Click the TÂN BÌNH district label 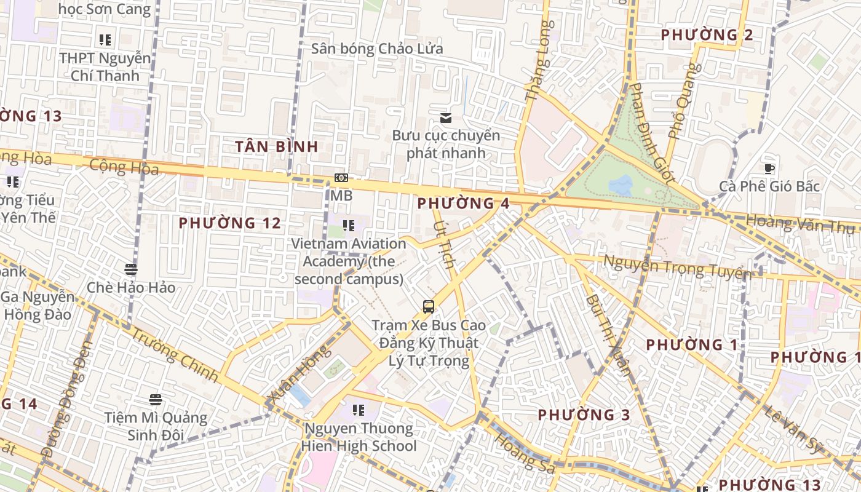tap(277, 146)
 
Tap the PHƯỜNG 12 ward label tap(229, 223)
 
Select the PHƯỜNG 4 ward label tap(463, 204)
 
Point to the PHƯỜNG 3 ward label tap(584, 415)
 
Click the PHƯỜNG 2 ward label tap(707, 35)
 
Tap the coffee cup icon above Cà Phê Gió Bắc tap(769, 169)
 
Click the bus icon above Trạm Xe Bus tap(429, 306)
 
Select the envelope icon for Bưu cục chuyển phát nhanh tap(446, 117)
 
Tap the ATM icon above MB tap(341, 178)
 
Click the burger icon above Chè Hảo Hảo tap(130, 269)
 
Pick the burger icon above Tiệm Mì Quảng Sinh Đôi tap(156, 400)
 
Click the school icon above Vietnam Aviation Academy tap(349, 226)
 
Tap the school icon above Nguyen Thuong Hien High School tap(359, 410)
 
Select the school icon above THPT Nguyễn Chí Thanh tap(105, 40)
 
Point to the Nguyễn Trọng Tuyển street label tap(676, 268)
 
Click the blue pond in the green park tap(621, 184)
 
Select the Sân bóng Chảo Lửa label tap(376, 49)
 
